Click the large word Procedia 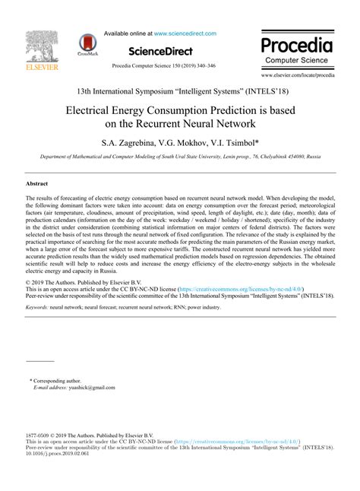click(x=297, y=43)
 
